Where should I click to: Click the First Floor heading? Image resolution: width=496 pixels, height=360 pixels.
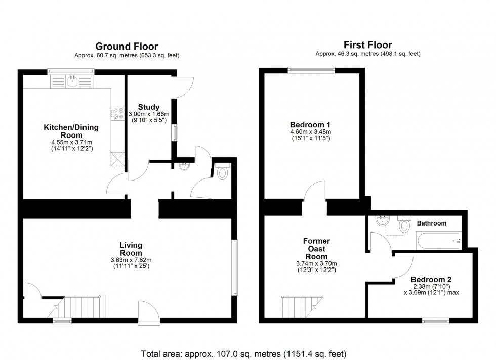point(367,45)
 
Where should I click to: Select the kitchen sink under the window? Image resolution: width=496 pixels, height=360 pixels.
point(72,80)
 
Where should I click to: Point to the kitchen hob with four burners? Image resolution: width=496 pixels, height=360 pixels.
point(118,114)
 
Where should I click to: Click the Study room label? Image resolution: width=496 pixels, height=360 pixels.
point(149,107)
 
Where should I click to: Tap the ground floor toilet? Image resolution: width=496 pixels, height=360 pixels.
point(222,173)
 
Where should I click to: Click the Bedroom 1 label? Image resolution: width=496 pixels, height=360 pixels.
point(310,125)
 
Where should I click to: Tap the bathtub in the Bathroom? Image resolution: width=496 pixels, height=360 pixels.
point(439,241)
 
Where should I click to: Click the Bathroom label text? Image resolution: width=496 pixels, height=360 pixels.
point(431,223)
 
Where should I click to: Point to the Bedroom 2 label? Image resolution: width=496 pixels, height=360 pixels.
point(431,279)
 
